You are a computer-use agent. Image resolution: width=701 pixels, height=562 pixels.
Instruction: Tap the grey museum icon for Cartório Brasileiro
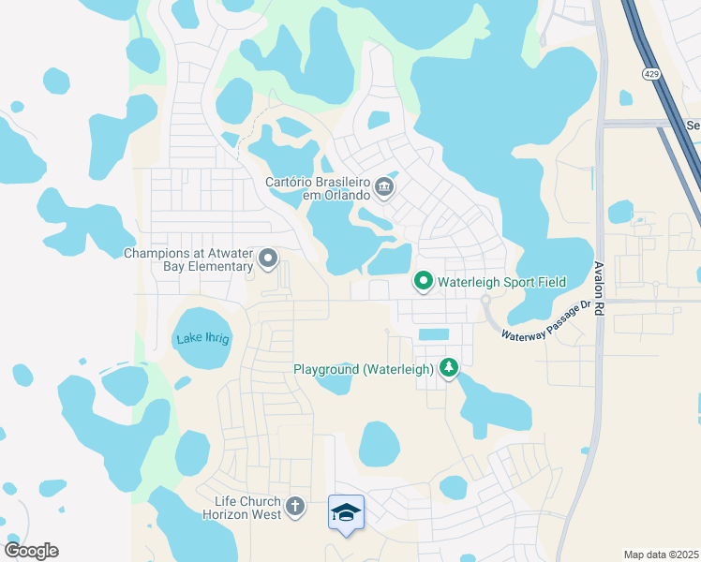(384, 189)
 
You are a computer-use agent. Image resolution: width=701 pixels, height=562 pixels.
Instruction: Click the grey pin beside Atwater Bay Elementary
(268, 258)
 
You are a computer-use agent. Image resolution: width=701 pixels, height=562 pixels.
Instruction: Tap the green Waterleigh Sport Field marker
(424, 281)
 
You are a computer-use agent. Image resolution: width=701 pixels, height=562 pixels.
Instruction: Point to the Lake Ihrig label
(202, 338)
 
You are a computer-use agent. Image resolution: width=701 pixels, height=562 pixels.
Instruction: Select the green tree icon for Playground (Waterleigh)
(450, 368)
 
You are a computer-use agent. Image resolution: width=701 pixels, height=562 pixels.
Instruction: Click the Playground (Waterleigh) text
(364, 369)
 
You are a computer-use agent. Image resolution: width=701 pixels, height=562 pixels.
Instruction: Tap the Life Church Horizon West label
(241, 507)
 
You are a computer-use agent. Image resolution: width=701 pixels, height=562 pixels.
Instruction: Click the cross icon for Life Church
(295, 508)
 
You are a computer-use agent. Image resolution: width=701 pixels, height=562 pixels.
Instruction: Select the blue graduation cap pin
(346, 513)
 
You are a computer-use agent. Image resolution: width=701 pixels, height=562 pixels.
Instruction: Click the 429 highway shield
(649, 72)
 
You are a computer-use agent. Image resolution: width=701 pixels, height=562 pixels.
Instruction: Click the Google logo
(31, 550)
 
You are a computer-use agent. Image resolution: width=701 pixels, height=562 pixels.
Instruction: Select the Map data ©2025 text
(661, 555)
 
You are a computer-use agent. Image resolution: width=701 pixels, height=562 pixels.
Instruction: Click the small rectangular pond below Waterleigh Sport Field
(433, 334)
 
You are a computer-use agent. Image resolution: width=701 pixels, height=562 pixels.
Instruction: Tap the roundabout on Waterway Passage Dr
(486, 300)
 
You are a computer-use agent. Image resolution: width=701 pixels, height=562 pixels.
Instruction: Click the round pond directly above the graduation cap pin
(380, 444)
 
